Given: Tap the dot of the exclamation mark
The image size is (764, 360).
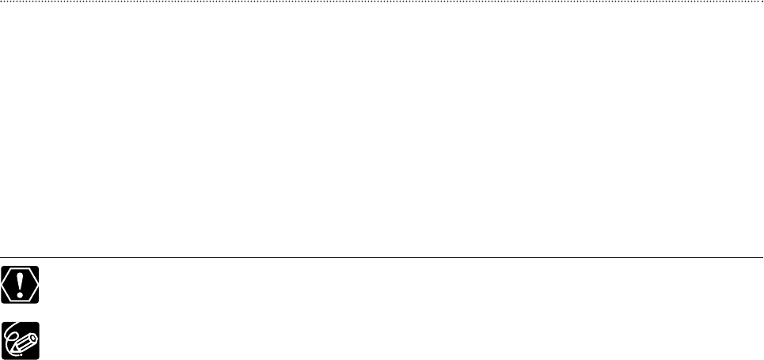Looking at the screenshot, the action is (21, 294).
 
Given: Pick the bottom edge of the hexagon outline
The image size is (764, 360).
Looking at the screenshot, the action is (21, 301).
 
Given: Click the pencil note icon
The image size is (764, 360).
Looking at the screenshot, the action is (21, 340).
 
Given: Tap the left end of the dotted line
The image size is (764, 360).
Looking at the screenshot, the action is (2, 2).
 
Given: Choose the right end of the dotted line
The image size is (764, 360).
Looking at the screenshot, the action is (762, 2).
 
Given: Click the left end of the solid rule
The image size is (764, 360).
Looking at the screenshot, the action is (2, 257).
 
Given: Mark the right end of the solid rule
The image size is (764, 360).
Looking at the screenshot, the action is (762, 257).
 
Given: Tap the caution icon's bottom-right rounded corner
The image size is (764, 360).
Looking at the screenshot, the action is (37, 303).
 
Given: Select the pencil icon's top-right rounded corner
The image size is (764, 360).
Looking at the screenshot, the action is (37, 324).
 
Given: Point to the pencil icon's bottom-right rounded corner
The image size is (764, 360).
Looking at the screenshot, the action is (37, 357).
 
